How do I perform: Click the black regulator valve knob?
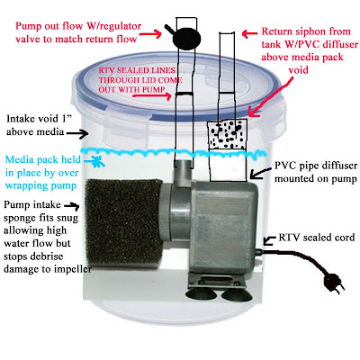(x=186, y=37)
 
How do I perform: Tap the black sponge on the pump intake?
(x=123, y=222)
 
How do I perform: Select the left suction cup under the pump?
(x=201, y=294)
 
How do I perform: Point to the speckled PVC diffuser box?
(x=227, y=134)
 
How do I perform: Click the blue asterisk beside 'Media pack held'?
(x=97, y=161)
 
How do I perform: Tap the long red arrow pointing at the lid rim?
(x=271, y=96)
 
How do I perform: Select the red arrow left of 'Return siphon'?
(x=250, y=34)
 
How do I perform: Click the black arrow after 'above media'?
(x=76, y=133)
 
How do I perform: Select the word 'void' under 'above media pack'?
(x=299, y=70)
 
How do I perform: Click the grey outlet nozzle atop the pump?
(x=184, y=173)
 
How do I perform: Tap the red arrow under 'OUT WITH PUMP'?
(x=152, y=96)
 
